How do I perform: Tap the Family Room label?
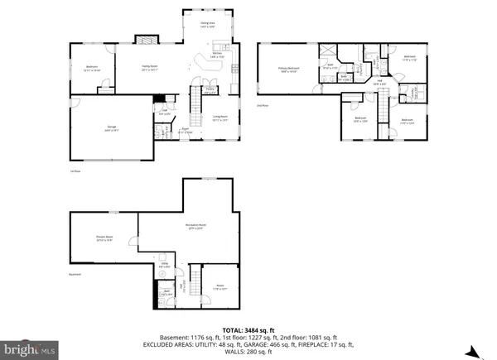coord(150,69)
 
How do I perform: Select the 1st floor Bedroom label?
coord(92,69)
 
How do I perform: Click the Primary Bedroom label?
coord(288,70)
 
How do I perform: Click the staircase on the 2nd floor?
coord(384,109)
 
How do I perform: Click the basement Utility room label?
coord(164,266)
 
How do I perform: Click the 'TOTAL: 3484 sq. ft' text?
coord(248,329)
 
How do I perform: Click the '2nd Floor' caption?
coord(263,106)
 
